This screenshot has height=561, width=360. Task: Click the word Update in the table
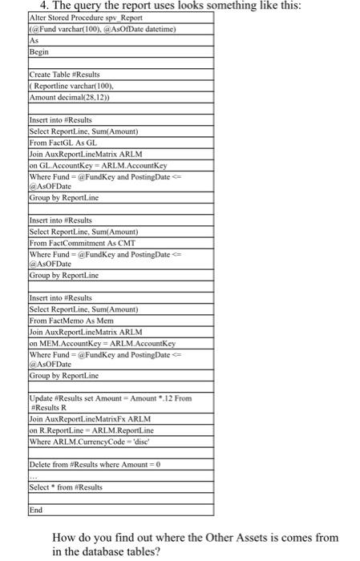pos(42,398)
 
